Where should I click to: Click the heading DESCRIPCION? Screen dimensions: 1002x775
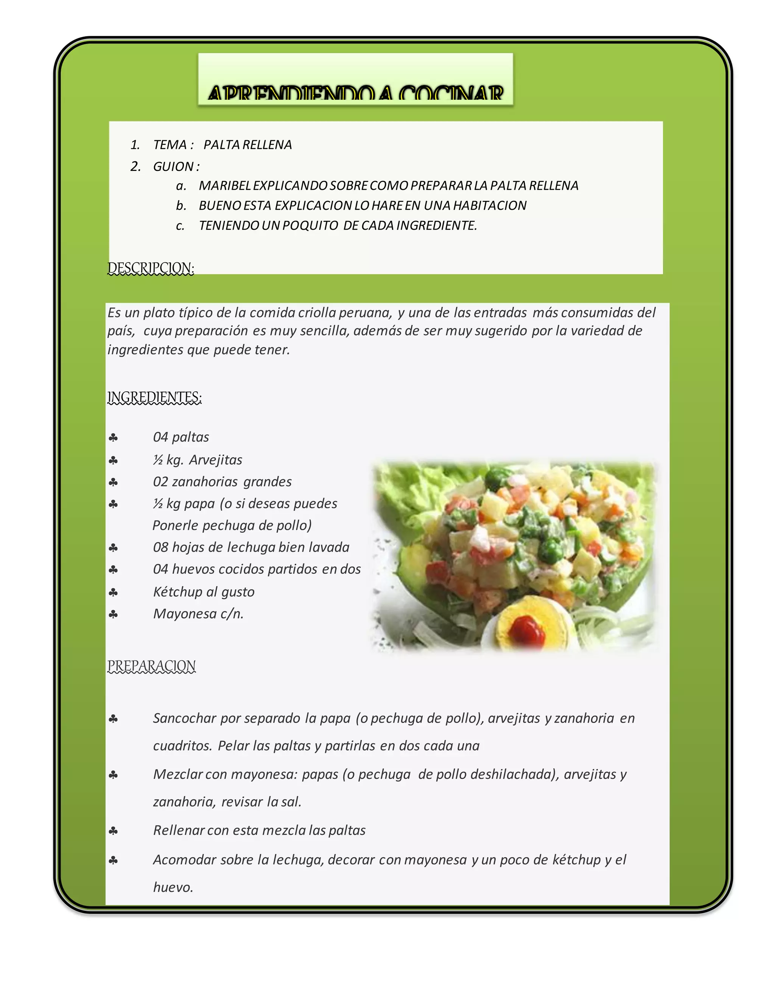[x=151, y=268]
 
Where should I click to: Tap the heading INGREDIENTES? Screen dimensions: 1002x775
[x=154, y=397]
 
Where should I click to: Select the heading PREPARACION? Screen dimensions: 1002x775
[x=151, y=666]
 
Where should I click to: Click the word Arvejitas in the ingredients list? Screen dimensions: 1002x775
[x=215, y=460]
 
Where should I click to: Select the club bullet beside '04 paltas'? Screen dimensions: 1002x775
[x=113, y=438]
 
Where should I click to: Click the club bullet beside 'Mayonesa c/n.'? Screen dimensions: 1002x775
[x=113, y=614]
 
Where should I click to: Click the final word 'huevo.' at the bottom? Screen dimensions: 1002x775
[x=173, y=887]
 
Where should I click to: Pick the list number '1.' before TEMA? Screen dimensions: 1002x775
[x=135, y=145]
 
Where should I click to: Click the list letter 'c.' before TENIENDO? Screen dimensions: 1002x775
[x=181, y=226]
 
